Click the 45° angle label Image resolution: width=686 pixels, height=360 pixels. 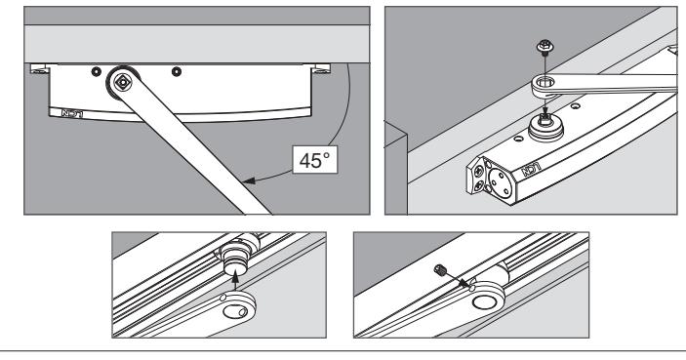(315, 160)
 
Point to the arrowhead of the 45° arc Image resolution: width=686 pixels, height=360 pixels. (249, 180)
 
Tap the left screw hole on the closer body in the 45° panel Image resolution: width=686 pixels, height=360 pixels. (97, 71)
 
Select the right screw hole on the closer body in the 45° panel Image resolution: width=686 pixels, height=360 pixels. (177, 71)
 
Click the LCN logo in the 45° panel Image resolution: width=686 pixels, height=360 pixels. (72, 114)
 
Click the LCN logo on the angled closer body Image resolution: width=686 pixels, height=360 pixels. (531, 169)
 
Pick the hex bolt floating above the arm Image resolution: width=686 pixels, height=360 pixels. (545, 47)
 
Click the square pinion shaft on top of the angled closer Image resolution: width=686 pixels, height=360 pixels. (545, 118)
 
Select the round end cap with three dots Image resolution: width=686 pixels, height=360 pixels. (501, 182)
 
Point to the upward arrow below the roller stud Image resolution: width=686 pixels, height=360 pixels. (236, 281)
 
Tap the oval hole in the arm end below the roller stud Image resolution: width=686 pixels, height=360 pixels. (235, 312)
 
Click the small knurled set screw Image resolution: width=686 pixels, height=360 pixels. (440, 270)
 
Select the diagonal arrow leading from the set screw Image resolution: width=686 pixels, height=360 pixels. (458, 280)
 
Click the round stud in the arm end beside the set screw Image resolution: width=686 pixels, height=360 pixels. (483, 301)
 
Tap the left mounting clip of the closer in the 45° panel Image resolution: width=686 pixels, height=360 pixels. (38, 68)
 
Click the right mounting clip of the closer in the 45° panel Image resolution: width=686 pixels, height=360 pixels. (322, 68)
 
